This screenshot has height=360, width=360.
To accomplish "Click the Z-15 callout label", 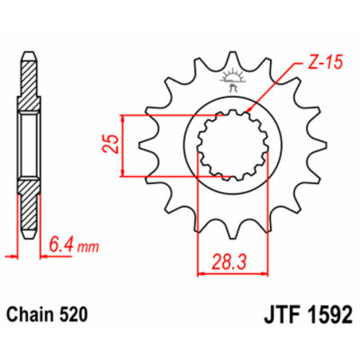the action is (326, 62).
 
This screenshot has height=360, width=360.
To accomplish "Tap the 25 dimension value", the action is (111, 143).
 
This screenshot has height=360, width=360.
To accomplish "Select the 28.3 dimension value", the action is (229, 262).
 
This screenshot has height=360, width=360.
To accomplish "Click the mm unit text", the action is (88, 247).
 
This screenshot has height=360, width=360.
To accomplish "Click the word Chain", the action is (29, 315).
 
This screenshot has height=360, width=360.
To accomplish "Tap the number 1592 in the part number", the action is (330, 315).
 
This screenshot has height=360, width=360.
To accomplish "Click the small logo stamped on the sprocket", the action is (233, 80).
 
